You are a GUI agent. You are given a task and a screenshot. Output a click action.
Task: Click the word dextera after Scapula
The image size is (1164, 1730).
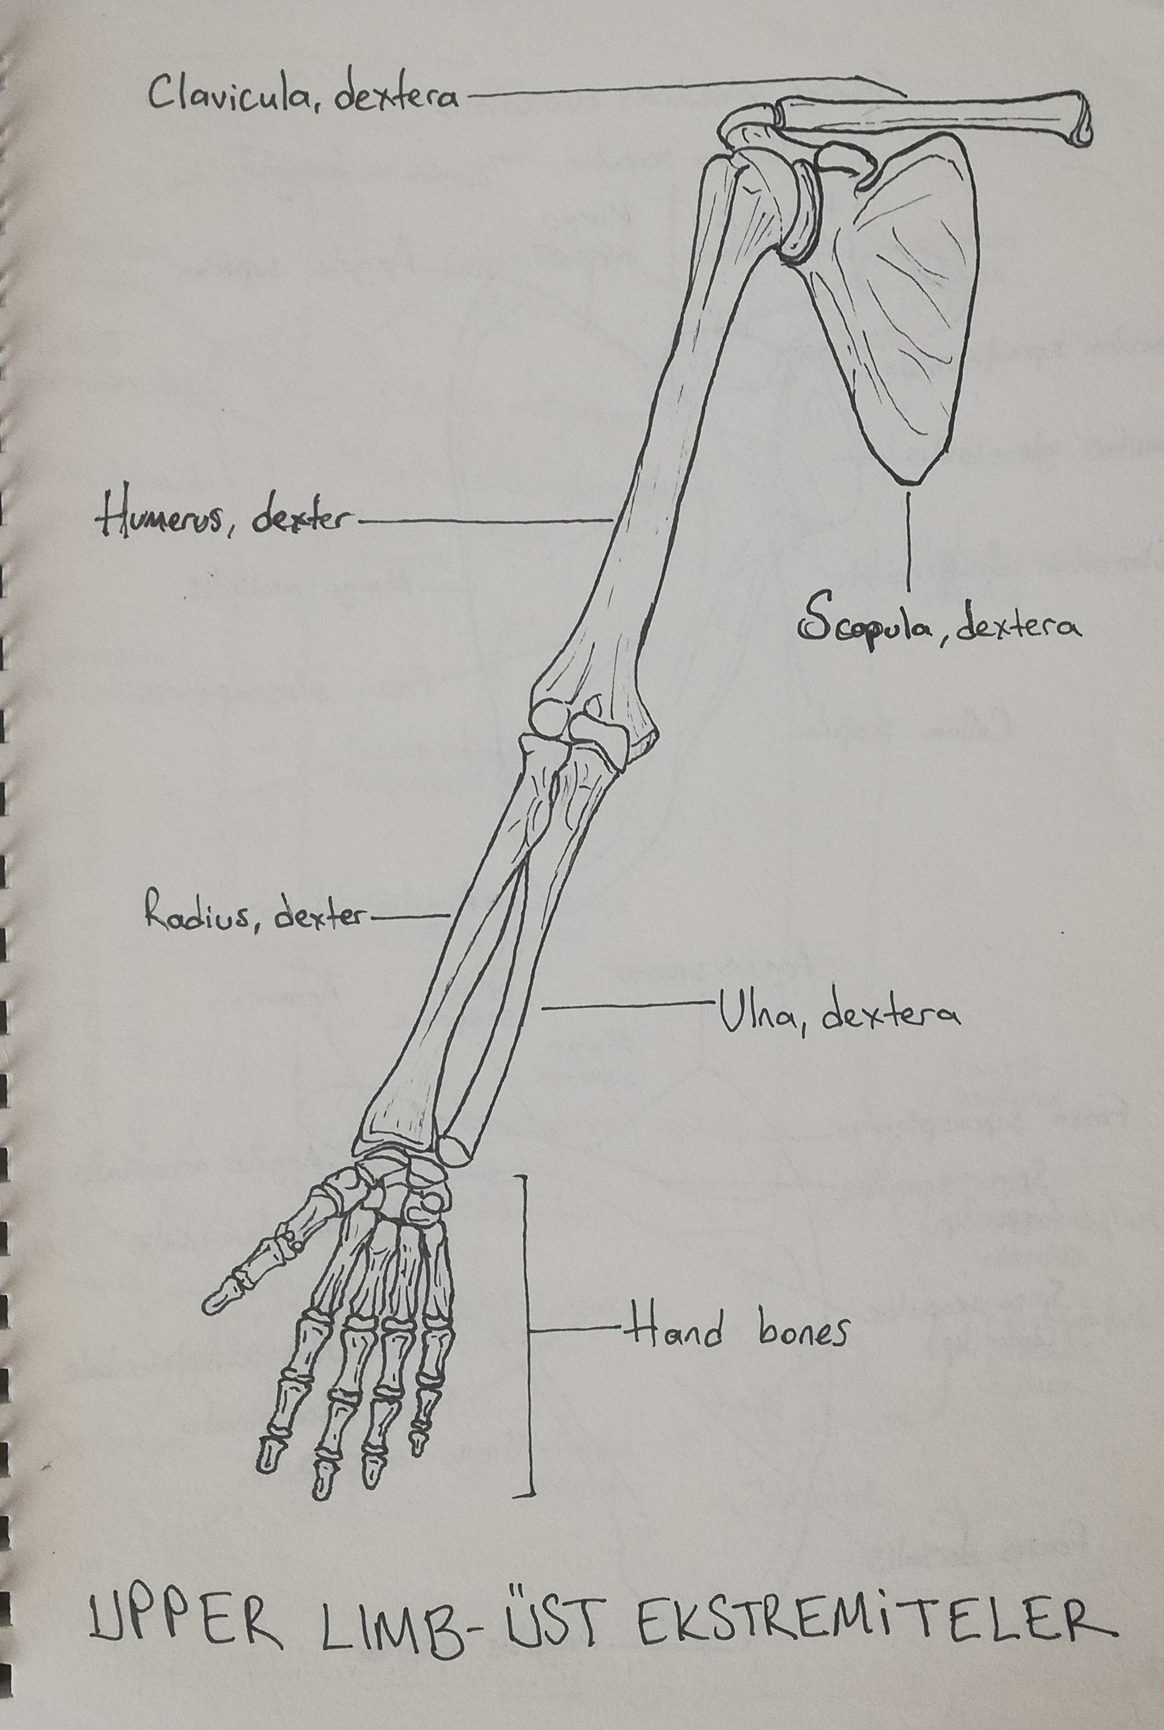click(x=1017, y=628)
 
